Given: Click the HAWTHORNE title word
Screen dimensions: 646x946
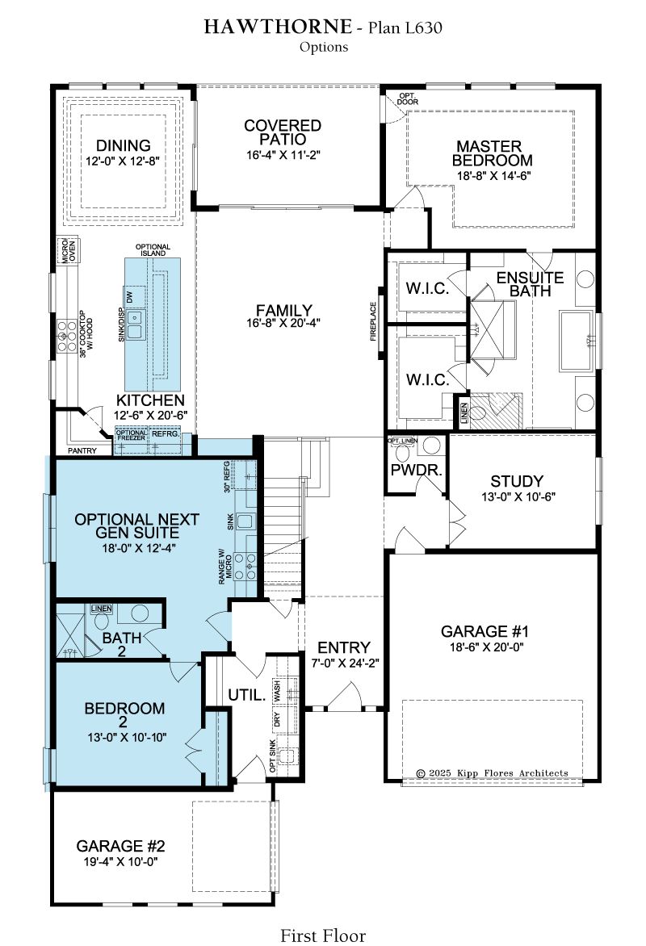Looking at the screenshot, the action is click(x=277, y=27).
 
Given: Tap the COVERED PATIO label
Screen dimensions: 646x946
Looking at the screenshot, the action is click(x=283, y=132).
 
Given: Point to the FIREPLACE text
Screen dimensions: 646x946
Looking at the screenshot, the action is click(x=373, y=321).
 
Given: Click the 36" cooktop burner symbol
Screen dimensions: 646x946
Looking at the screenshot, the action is click(x=64, y=336).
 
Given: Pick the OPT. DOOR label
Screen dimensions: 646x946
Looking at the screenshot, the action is click(x=408, y=99).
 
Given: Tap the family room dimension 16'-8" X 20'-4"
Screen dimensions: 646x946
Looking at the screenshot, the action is click(x=283, y=323).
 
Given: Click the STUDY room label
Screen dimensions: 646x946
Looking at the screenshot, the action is click(x=517, y=481).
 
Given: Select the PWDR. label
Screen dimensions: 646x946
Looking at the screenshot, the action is click(x=417, y=470).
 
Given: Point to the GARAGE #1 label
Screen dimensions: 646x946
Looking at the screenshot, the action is click(x=484, y=632).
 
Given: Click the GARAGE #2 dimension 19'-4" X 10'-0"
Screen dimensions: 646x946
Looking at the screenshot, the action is click(x=121, y=861).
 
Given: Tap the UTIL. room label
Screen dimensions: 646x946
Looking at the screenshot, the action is click(x=247, y=695).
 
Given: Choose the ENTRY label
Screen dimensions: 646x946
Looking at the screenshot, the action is click(x=344, y=647).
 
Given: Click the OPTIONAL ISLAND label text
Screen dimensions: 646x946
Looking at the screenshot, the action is click(x=153, y=250).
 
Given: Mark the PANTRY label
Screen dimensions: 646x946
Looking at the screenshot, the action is click(x=82, y=450).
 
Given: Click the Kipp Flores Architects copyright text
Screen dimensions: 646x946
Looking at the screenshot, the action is click(x=493, y=772).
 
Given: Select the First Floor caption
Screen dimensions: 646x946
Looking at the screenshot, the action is click(x=323, y=936).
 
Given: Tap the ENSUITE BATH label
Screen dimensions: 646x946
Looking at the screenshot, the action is click(x=530, y=284).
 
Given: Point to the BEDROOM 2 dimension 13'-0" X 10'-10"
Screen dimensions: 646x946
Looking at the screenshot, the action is click(x=125, y=737).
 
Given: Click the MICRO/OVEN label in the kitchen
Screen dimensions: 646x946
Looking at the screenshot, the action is click(x=69, y=251).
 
